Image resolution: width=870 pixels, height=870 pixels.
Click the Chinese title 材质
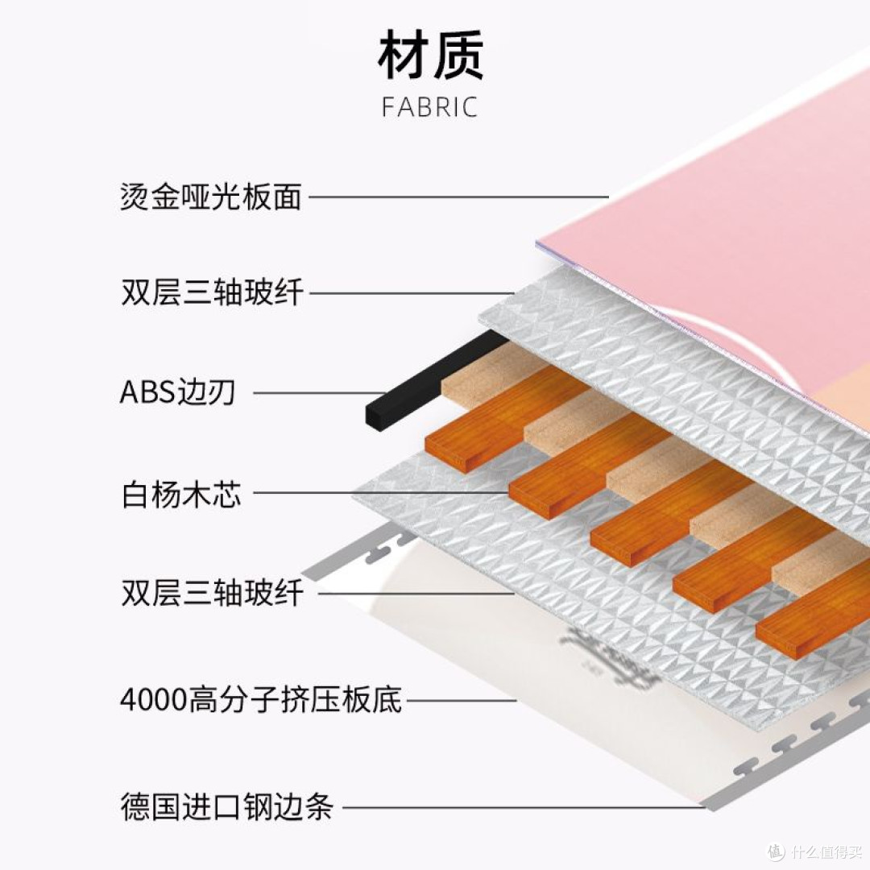coord(430,55)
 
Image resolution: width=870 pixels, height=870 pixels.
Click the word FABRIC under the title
coord(430,107)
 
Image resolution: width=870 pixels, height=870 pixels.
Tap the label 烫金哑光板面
coord(211,197)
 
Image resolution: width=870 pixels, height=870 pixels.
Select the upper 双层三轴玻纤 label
coord(213,292)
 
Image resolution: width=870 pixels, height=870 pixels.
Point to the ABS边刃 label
coord(177,392)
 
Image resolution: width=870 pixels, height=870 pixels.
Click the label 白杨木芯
coord(181,493)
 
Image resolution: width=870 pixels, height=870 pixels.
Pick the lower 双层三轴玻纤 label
coord(213,593)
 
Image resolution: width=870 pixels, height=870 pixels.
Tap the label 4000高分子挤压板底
coord(261,700)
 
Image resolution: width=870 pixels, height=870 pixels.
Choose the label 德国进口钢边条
coord(227,806)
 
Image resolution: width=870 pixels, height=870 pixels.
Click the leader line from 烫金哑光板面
coord(459,197)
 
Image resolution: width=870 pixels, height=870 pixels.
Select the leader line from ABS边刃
coord(320,393)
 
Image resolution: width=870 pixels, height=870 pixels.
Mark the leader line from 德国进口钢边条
coord(524,806)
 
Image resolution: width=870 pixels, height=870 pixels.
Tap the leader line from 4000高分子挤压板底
coord(462,700)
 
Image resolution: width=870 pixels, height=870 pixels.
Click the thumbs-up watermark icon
coord(776,850)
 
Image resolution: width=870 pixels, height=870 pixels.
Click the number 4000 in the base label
coord(153,700)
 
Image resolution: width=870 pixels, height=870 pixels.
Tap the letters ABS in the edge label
coord(147,392)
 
